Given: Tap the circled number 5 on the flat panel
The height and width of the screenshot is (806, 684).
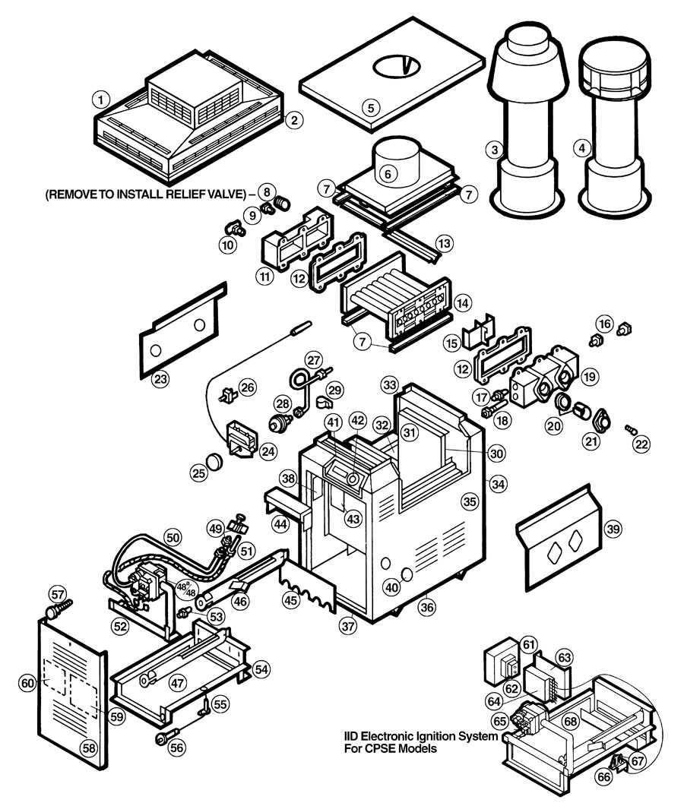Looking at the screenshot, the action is click(370, 107).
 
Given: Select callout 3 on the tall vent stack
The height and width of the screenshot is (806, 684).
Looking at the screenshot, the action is click(495, 150).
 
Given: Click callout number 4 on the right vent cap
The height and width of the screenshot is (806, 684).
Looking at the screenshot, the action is click(583, 148).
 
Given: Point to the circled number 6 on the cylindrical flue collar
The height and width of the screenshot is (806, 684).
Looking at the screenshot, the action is click(388, 173).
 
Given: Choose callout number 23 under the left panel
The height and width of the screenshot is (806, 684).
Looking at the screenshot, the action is click(159, 378).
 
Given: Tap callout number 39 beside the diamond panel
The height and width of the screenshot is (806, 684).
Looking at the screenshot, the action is click(611, 528).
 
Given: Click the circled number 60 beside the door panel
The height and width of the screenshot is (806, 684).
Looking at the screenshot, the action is click(27, 684).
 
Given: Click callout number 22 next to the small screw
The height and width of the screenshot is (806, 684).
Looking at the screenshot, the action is click(643, 444).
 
